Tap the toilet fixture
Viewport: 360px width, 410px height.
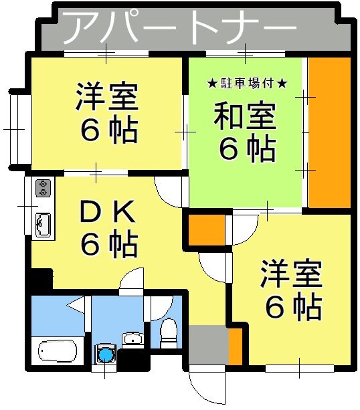tap(168, 332)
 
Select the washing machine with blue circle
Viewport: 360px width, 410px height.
tap(105, 352)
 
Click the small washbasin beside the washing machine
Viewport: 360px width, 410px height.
tap(133, 338)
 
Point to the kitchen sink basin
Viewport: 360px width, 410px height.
tap(42, 223)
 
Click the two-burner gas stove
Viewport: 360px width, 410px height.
tap(43, 187)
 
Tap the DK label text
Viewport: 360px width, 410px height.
tap(109, 213)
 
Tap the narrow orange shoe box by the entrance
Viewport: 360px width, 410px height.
tap(235, 346)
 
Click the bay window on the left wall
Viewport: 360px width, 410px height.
tap(18, 127)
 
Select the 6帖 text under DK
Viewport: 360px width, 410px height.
tap(109, 244)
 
